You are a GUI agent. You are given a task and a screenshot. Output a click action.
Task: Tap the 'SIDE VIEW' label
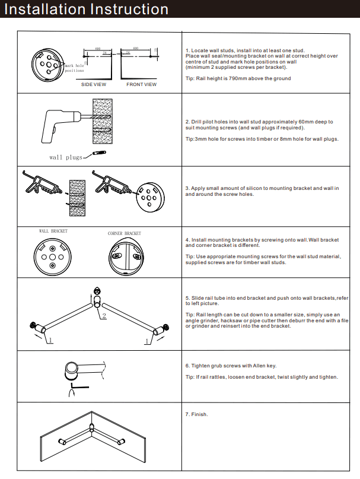click(94, 85)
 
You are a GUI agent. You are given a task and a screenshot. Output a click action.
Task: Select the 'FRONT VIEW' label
click(142, 85)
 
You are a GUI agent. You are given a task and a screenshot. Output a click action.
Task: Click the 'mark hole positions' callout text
click(74, 68)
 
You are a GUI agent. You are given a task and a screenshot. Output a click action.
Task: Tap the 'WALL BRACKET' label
click(53, 231)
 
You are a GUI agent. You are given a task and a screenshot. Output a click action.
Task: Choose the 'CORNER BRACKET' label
click(125, 233)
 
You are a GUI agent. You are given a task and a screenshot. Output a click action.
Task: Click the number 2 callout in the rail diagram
click(104, 315)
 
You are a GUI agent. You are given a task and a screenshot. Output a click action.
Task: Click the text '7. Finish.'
click(197, 414)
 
